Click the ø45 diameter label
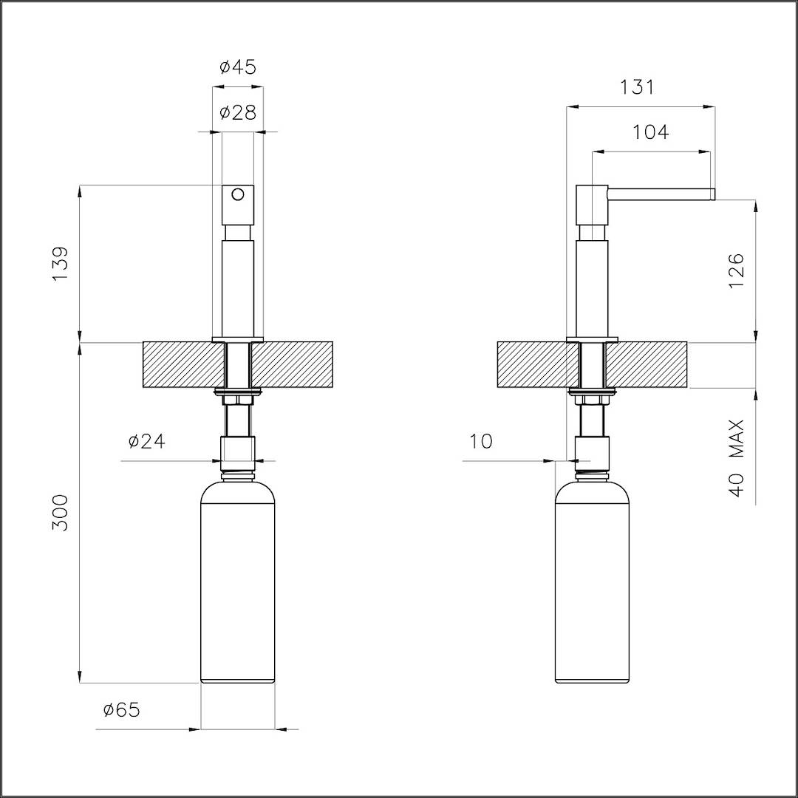(x=238, y=66)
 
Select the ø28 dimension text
(x=238, y=112)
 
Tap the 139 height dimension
(x=60, y=264)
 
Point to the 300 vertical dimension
(x=60, y=513)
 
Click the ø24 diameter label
(x=147, y=441)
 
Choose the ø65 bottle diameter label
(x=121, y=709)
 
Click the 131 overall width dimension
(x=637, y=87)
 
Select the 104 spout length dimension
(x=651, y=132)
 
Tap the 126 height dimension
(x=737, y=270)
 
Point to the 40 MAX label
(x=737, y=458)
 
